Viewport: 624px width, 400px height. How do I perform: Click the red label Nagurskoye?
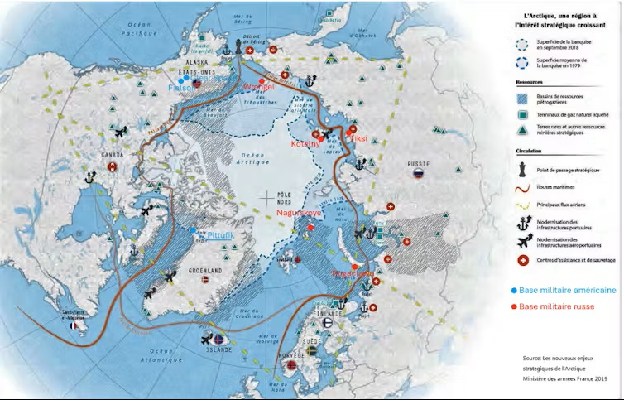point(299,213)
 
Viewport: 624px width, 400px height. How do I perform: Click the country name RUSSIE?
point(418,164)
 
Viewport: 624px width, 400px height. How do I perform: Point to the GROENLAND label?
point(203,270)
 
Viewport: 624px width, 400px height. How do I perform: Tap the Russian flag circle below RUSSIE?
point(418,175)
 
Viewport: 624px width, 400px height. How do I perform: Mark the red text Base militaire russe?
point(556,306)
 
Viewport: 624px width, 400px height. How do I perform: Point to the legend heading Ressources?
point(530,83)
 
